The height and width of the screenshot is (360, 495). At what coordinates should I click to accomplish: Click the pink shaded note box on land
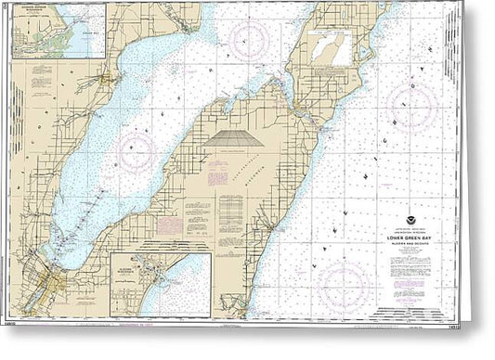pyautogui.click(x=169, y=225)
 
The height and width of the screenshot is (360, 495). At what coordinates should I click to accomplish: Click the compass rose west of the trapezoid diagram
pyautogui.click(x=137, y=148)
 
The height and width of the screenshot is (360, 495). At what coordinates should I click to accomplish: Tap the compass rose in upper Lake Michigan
pyautogui.click(x=412, y=105)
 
